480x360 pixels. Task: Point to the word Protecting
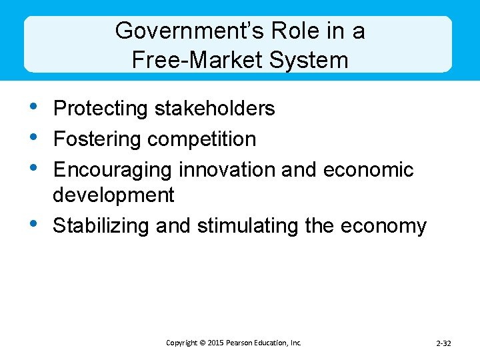(x=101, y=109)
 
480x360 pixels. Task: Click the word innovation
(x=227, y=169)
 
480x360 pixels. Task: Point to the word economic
(x=368, y=170)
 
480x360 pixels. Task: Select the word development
(x=113, y=195)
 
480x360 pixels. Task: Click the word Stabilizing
(x=101, y=226)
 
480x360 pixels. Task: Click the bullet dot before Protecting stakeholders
(x=34, y=105)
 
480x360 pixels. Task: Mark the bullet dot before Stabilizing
(x=34, y=223)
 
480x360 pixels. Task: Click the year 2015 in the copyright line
(x=215, y=343)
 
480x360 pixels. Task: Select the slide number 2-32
(x=443, y=343)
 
